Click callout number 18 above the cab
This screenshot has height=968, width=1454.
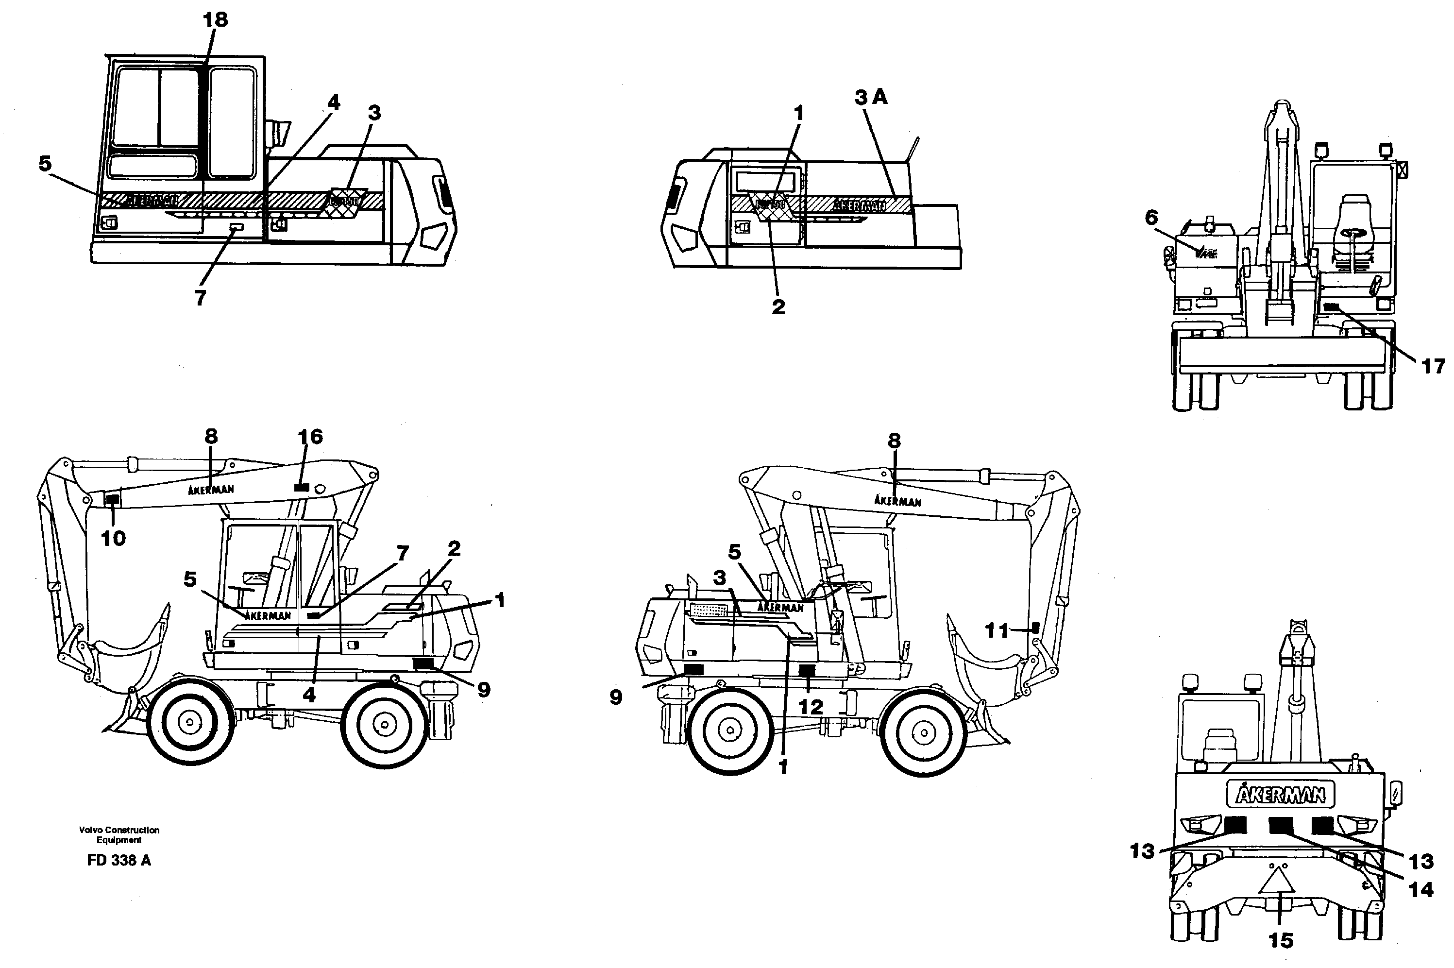tap(216, 20)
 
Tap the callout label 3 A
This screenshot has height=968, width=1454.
tap(870, 97)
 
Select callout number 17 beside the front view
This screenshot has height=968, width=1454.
tap(1433, 366)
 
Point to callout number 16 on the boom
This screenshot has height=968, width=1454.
tap(310, 437)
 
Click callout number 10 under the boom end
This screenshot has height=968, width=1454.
tap(113, 538)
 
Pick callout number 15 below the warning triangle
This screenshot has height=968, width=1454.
tap(1281, 940)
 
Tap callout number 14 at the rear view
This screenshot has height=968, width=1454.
tap(1420, 890)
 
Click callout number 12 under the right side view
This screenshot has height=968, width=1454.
tap(811, 707)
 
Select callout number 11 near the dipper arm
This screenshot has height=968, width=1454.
tap(996, 630)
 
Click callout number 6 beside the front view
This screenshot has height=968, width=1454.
tap(1151, 217)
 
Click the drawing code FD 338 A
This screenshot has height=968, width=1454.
tap(119, 860)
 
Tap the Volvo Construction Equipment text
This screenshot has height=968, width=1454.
tap(119, 834)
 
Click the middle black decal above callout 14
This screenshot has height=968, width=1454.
tap(1281, 825)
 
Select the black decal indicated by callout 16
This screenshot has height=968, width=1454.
tap(301, 488)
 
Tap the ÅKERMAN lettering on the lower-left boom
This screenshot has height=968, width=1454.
tap(210, 490)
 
